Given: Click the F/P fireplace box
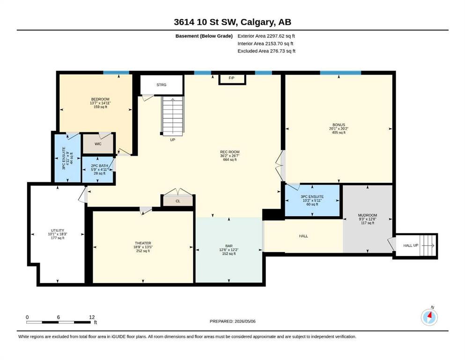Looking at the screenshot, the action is pos(232,79).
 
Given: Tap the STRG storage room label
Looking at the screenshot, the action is pos(162,85).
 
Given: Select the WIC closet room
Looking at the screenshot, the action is pos(98,143).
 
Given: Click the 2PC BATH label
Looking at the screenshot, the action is pos(99,165).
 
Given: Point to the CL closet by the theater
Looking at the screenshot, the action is pos(178,201).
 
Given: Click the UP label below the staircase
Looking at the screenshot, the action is pos(173,140).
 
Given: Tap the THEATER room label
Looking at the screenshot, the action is pos(143,243).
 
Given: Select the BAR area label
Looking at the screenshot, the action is pos(229,246).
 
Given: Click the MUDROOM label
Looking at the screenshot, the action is pos(368,215).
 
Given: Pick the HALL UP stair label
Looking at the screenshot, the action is pos(411,246).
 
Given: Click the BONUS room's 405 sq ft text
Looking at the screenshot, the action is pos(339,133).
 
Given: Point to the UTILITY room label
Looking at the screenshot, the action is pos(58,230).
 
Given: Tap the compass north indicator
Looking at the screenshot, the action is pos(429,317).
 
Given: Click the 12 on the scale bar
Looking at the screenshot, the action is pos(92,317).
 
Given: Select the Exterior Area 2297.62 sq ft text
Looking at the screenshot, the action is pos(266,36).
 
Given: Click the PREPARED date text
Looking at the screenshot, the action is pos(232,321).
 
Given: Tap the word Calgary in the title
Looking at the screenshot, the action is pos(257,22).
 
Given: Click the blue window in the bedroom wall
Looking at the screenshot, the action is pos(116,73).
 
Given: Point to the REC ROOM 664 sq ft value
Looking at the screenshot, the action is pos(230,160).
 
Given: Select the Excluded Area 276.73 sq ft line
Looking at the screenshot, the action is pos(266,51).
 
